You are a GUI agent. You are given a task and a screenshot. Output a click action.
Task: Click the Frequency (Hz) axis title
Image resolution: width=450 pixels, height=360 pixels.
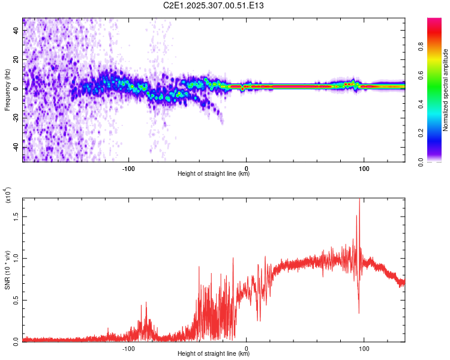click(7, 90)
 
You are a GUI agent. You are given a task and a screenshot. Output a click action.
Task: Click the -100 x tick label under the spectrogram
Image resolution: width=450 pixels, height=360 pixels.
click(128, 167)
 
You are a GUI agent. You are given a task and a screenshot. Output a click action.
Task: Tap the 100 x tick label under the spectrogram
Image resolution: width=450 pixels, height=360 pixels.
click(364, 167)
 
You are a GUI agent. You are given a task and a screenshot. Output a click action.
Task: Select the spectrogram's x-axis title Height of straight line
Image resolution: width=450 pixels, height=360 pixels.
click(214, 174)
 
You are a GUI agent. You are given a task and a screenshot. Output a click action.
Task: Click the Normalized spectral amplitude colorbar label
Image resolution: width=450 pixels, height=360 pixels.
click(445, 90)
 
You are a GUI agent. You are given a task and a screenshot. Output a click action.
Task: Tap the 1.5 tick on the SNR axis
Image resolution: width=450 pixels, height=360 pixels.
click(17, 217)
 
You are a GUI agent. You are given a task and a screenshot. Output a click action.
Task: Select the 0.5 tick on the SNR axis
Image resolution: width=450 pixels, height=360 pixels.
click(17, 299)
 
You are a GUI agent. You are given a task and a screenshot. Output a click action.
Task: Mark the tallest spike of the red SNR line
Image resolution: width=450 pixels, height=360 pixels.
click(359, 200)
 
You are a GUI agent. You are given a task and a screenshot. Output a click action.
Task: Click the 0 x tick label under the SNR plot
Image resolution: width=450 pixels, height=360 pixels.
click(247, 347)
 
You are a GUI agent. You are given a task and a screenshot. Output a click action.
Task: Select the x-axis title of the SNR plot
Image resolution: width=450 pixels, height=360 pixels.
click(214, 354)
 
